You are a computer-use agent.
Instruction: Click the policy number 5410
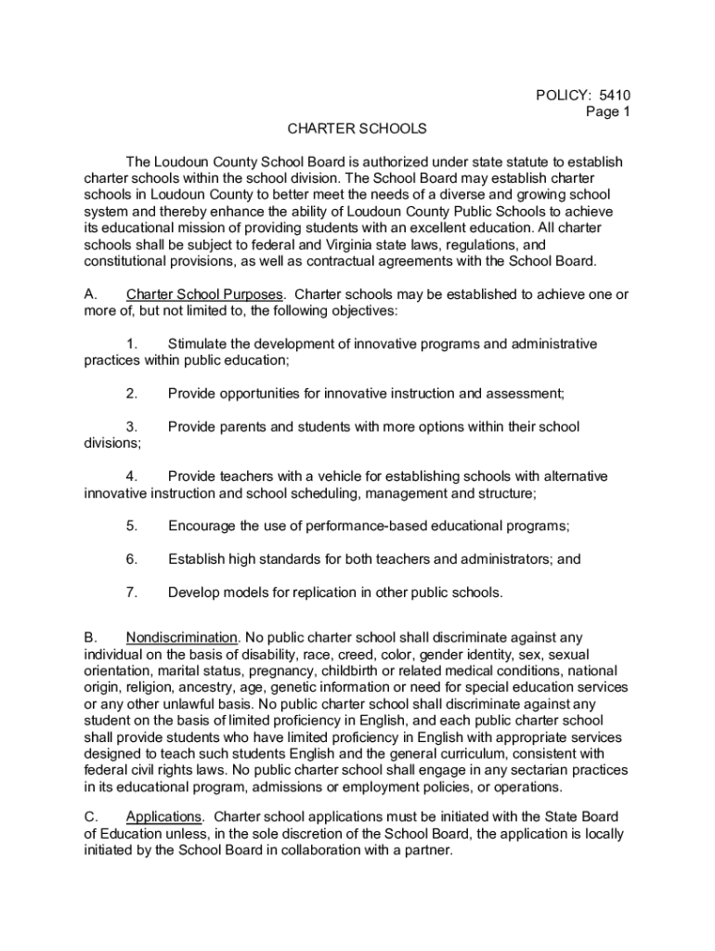click(x=615, y=95)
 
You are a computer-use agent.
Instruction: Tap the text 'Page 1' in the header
click(x=607, y=111)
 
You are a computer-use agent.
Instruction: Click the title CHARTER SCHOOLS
click(x=356, y=128)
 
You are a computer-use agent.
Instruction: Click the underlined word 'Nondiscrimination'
click(x=182, y=637)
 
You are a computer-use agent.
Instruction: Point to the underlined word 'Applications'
click(x=163, y=816)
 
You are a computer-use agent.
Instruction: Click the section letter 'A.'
click(x=91, y=294)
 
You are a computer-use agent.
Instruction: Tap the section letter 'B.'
click(x=91, y=637)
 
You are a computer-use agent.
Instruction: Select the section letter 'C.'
click(x=92, y=816)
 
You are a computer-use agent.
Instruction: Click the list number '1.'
click(x=132, y=344)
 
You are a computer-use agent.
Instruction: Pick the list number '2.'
click(x=132, y=394)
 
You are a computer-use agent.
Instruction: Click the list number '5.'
click(x=132, y=526)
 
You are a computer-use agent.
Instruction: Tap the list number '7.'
click(x=132, y=592)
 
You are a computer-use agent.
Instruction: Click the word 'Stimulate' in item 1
click(x=199, y=344)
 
